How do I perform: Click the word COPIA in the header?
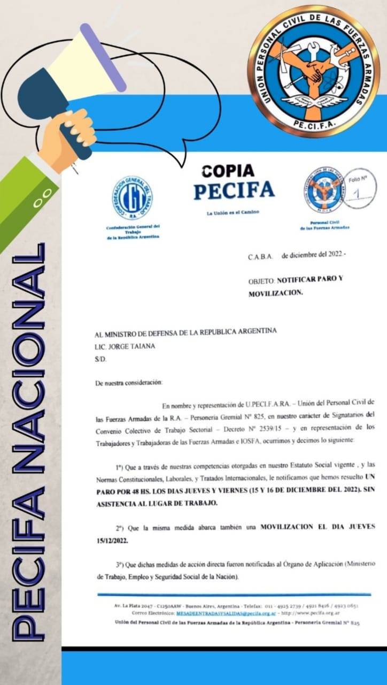pos(228,171)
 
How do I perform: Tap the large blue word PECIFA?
pos(234,191)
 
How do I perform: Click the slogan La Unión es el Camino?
pos(233,212)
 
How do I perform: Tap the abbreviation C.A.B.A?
pos(261,256)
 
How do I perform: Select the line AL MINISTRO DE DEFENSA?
pos(185,331)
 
